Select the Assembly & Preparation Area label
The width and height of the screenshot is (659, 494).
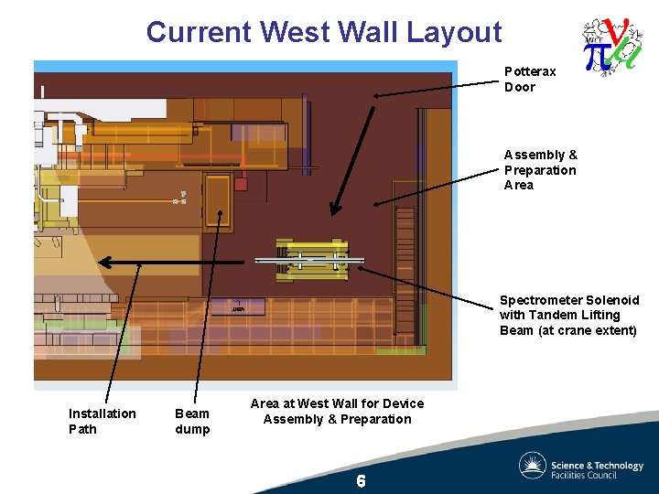[540, 170]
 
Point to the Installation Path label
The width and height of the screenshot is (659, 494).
[102, 421]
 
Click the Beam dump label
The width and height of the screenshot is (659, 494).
[192, 421]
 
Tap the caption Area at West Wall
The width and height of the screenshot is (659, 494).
[337, 411]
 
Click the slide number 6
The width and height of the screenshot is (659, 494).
[361, 481]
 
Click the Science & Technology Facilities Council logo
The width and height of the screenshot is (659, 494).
[580, 466]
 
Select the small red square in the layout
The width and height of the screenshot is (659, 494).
[241, 183]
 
